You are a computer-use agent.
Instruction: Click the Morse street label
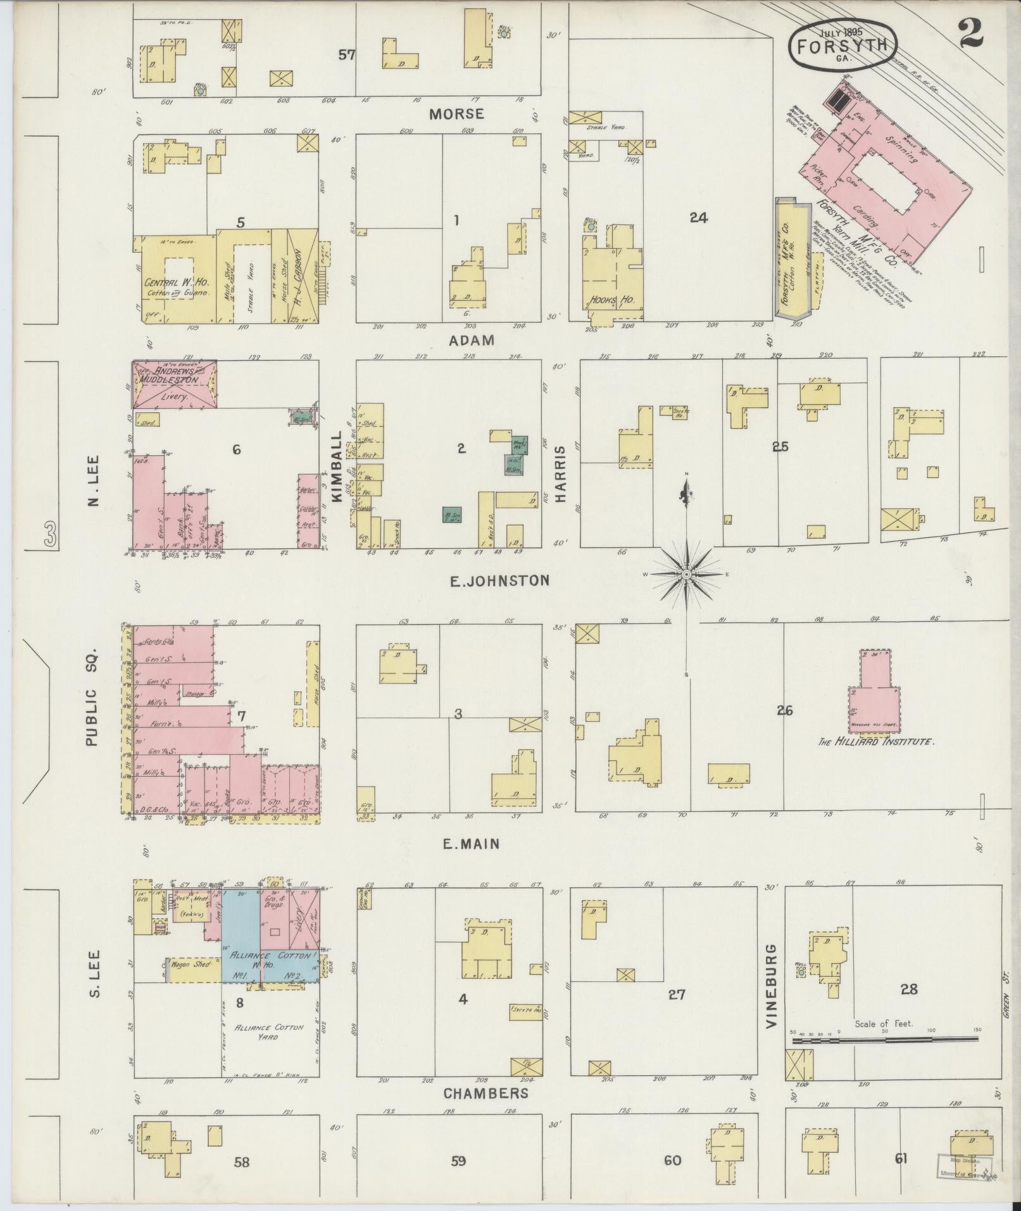[456, 114]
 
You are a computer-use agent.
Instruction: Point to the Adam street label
[471, 341]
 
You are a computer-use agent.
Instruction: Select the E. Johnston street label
[499, 580]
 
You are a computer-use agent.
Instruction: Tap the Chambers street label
[485, 1093]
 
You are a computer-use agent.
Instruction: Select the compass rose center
[686, 574]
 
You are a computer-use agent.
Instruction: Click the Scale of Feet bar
[884, 1039]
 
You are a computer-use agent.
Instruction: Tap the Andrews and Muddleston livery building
[175, 384]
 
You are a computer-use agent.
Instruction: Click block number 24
[698, 217]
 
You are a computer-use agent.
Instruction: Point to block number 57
[346, 55]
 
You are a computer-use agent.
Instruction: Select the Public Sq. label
[91, 696]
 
